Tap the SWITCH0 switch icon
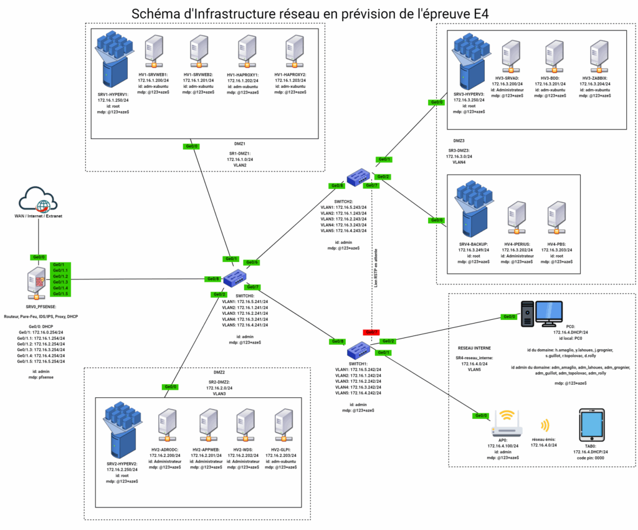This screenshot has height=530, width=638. [236, 277]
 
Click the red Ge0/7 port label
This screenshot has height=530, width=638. [371, 332]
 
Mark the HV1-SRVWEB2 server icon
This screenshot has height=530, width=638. [198, 52]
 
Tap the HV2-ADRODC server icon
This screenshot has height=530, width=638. [164, 426]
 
